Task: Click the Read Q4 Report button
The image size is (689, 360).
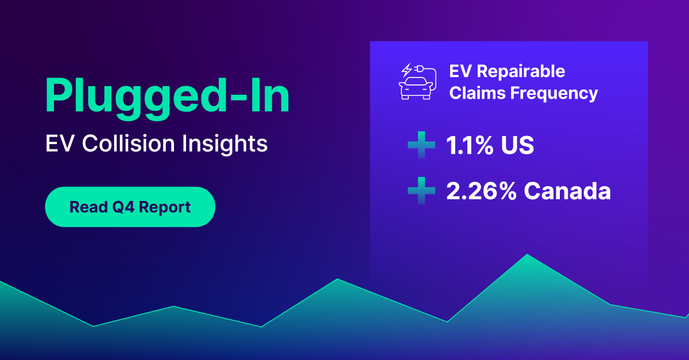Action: pyautogui.click(x=130, y=207)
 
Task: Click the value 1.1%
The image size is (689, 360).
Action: pyautogui.click(x=469, y=146)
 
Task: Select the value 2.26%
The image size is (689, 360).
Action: pyautogui.click(x=481, y=191)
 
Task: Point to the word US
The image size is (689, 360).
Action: pyautogui.click(x=516, y=146)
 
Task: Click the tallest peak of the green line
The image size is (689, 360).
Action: pyautogui.click(x=527, y=254)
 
